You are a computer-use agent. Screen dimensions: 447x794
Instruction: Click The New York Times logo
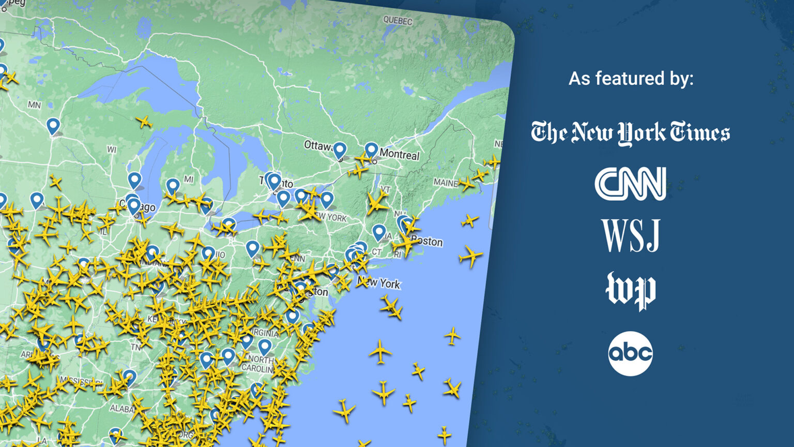click(x=630, y=132)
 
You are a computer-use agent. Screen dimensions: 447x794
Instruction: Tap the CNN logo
click(x=630, y=183)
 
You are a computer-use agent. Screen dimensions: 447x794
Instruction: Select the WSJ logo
click(x=630, y=235)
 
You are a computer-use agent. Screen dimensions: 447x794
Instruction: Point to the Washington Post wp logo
click(x=630, y=290)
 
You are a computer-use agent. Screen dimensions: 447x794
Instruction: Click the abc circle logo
click(x=630, y=353)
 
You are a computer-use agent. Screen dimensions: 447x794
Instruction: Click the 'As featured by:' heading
click(x=631, y=79)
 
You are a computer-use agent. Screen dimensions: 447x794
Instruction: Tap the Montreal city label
click(x=399, y=154)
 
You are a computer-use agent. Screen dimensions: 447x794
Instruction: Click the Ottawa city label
click(x=317, y=145)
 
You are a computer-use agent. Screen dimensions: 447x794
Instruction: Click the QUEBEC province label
click(x=398, y=21)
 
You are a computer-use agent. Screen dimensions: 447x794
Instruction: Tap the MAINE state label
click(x=445, y=183)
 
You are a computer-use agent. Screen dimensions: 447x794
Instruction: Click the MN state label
click(x=34, y=105)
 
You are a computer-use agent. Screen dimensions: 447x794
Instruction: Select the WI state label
click(x=112, y=150)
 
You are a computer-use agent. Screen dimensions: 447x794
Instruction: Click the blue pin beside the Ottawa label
click(x=340, y=150)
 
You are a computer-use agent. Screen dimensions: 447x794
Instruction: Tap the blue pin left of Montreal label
click(x=371, y=150)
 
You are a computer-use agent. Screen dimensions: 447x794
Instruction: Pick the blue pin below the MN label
click(x=53, y=125)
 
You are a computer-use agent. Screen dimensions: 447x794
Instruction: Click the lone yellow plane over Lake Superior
click(x=144, y=123)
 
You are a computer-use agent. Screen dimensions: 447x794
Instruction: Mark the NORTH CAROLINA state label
click(x=261, y=364)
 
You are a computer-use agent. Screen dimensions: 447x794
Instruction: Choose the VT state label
click(x=385, y=189)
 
